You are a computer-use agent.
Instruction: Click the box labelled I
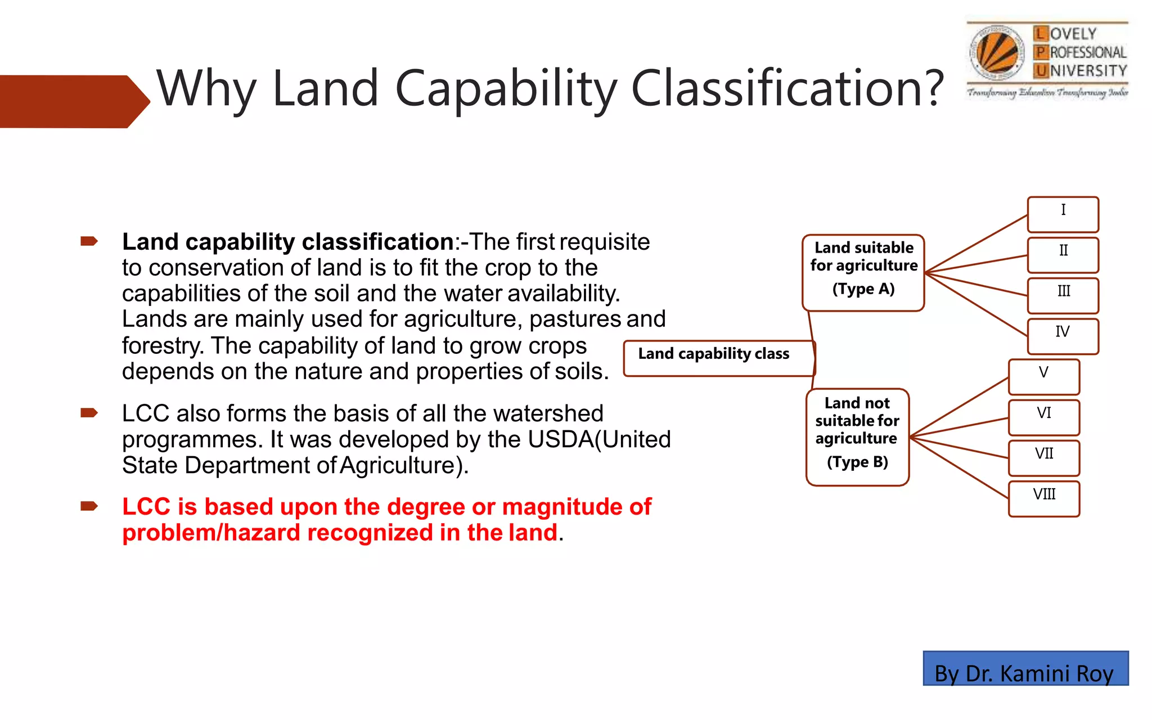click(x=1063, y=214)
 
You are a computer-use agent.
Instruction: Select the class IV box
click(x=1063, y=336)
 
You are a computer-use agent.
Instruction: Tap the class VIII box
click(x=1044, y=499)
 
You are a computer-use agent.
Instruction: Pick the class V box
click(x=1044, y=377)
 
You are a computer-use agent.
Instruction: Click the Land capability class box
click(x=719, y=358)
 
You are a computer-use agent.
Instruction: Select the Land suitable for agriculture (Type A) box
click(x=863, y=273)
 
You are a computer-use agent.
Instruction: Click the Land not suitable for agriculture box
click(x=857, y=437)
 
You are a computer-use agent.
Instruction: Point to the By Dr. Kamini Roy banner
click(x=1025, y=669)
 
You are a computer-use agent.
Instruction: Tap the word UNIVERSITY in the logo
click(x=1088, y=71)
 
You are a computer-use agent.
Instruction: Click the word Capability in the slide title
click(x=506, y=89)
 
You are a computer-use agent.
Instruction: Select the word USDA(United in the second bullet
click(x=600, y=439)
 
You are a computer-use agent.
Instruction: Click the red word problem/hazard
click(x=211, y=533)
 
